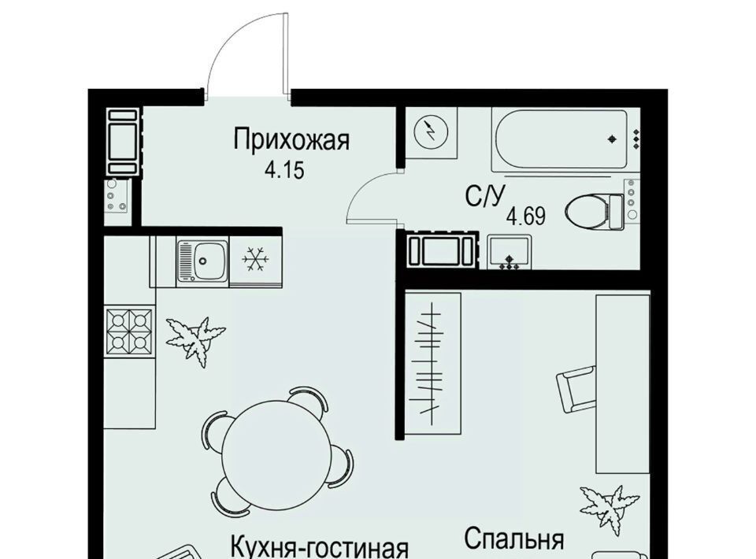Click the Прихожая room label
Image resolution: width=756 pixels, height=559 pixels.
pos(291,141)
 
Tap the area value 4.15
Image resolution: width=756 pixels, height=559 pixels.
pos(284,170)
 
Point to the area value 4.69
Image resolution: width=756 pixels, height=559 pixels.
pos(525,217)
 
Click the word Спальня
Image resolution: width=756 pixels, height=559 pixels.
pos(514,539)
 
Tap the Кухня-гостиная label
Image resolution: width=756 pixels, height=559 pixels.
pos(320,547)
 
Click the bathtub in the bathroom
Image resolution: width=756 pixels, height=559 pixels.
pos(560,140)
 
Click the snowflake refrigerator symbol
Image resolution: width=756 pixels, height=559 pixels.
pos(255,259)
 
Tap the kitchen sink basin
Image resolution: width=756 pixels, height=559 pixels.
pos(203,261)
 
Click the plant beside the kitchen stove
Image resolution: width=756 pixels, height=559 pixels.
pos(196,340)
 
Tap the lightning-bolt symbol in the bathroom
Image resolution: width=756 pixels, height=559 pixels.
pos(432,130)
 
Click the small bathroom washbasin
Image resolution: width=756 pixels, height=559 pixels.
pos(510,252)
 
